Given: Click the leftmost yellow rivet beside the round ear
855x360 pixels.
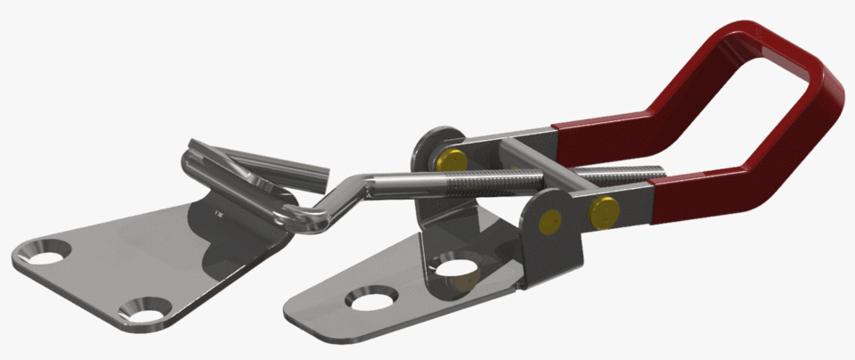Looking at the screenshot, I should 452,160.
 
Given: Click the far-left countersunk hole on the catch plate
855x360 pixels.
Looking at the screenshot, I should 39,253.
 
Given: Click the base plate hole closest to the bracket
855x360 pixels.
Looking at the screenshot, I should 456,266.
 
